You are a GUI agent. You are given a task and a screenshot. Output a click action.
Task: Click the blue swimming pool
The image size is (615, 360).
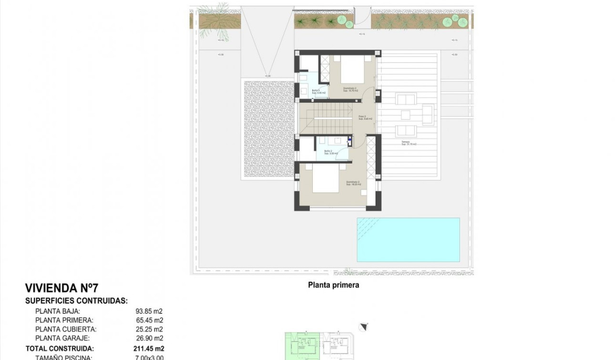tap(408, 239)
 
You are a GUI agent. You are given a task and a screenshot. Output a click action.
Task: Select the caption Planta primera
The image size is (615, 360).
tap(333, 285)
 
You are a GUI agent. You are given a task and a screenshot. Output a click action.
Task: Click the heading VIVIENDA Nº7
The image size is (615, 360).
tap(61, 288)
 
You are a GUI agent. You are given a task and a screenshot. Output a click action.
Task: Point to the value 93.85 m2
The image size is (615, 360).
tap(149, 311)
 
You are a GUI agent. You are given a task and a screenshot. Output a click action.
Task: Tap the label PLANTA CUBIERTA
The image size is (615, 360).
tap(66, 329)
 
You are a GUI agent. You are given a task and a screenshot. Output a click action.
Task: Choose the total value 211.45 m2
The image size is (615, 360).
tap(149, 349)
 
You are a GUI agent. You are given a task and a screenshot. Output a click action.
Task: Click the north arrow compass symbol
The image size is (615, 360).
tap(364, 327)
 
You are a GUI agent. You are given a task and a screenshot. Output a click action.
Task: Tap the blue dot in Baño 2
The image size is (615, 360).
tap(349, 140)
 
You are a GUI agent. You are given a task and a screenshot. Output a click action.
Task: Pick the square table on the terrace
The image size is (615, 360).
tap(406, 115)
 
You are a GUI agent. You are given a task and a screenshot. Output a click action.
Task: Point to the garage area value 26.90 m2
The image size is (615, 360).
tap(149, 338)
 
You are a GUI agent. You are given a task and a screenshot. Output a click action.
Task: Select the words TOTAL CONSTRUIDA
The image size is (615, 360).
tap(60, 349)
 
